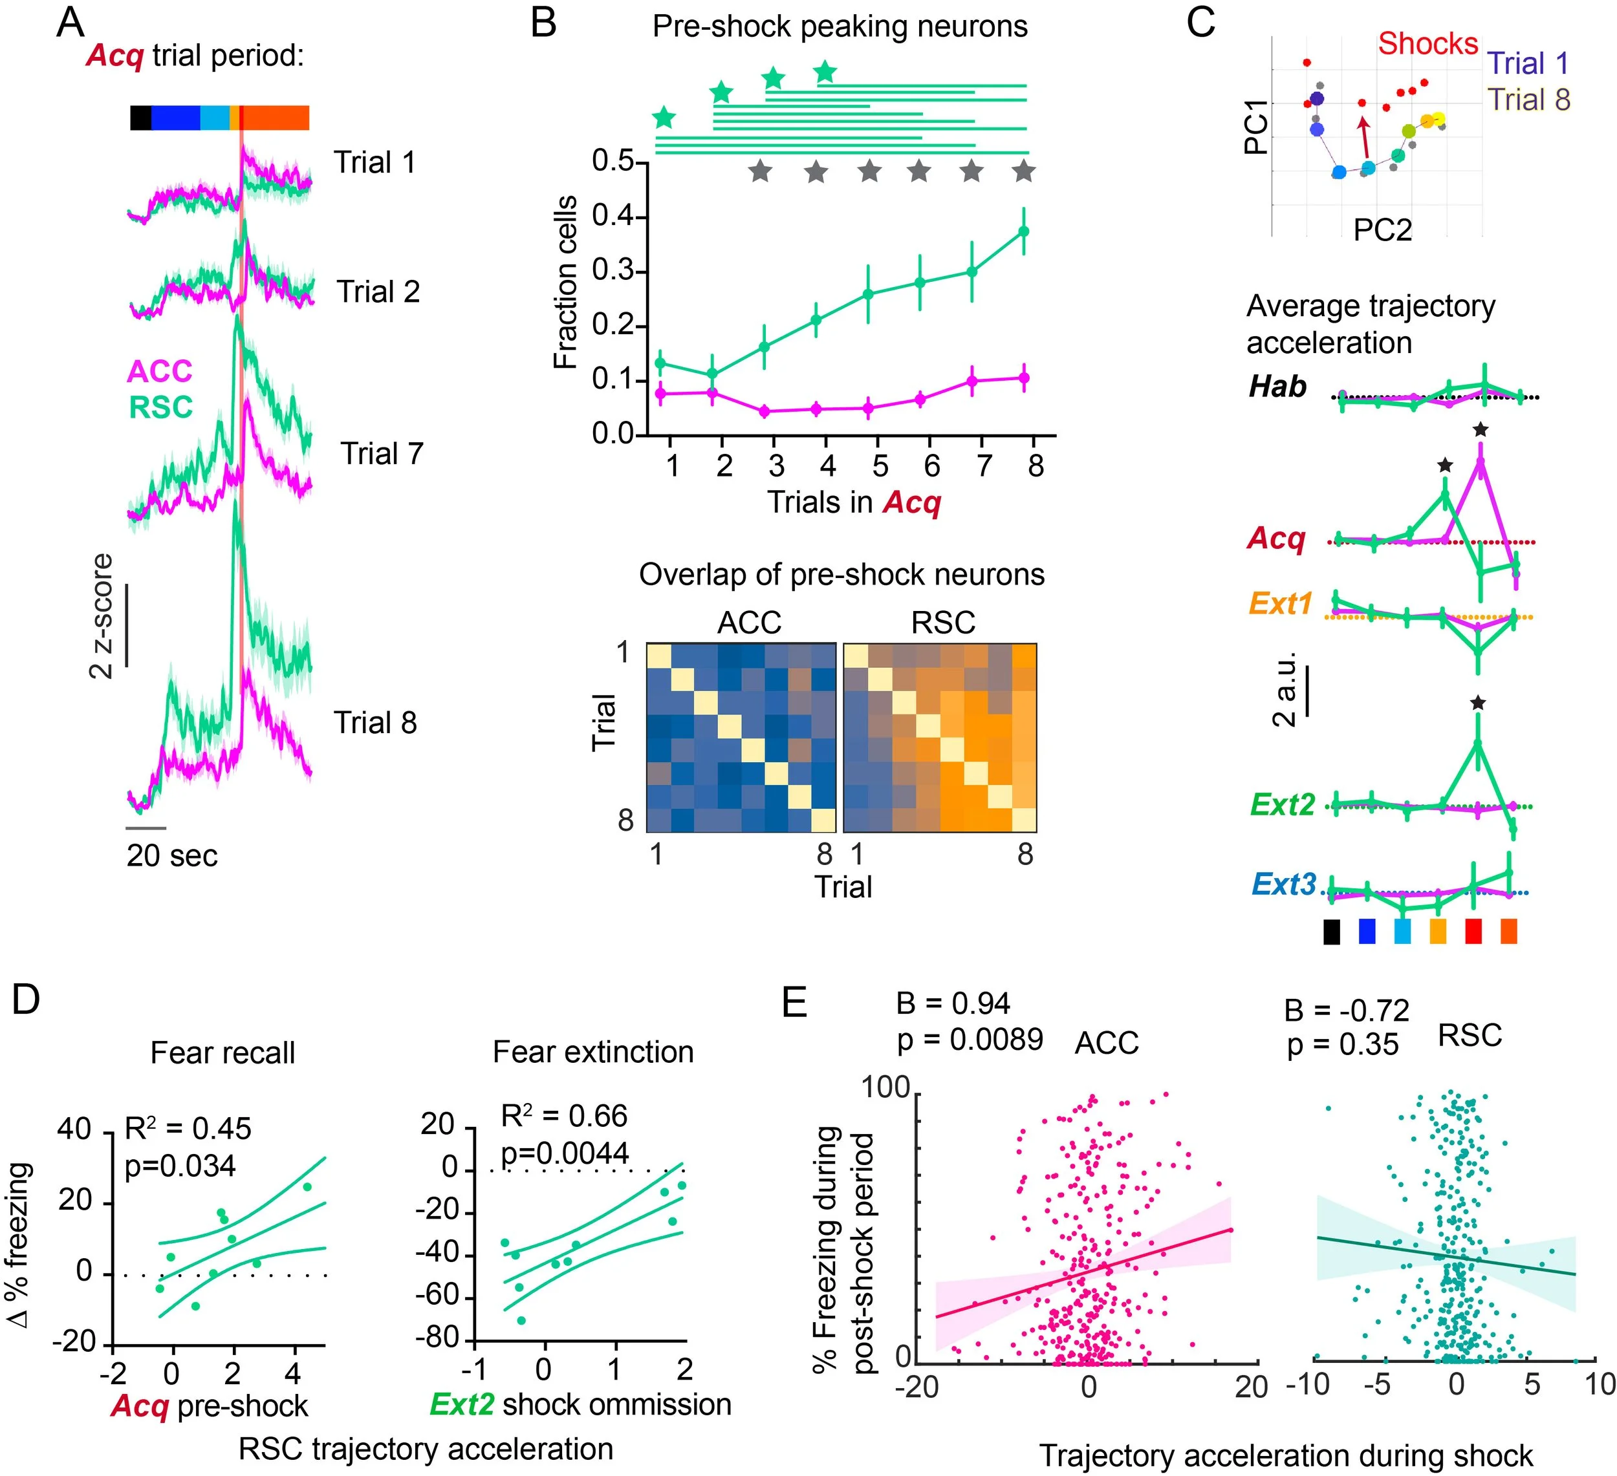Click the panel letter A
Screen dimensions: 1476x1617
[x=71, y=23]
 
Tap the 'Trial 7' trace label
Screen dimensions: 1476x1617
[x=382, y=454]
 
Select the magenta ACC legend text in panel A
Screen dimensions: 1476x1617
[x=160, y=371]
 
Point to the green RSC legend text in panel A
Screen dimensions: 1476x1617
[x=161, y=407]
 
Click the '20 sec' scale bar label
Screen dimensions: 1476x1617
[x=171, y=855]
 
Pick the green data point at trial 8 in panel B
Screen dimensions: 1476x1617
[x=1023, y=231]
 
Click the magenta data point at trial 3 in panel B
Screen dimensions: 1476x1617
[x=765, y=411]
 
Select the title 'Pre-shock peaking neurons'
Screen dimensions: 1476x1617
[x=839, y=27]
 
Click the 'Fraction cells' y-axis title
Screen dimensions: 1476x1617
[x=565, y=283]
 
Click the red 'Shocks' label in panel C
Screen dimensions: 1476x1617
[x=1427, y=43]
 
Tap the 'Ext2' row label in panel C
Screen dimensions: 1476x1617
[x=1283, y=804]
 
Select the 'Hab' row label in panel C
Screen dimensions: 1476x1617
[x=1277, y=387]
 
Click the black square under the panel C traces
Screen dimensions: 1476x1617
[x=1332, y=932]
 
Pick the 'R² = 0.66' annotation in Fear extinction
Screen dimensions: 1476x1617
[x=564, y=1116]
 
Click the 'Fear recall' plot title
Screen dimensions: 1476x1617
[x=223, y=1053]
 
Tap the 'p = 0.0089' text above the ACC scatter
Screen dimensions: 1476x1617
[x=970, y=1040]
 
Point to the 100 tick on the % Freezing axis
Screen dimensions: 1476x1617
[x=885, y=1088]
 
